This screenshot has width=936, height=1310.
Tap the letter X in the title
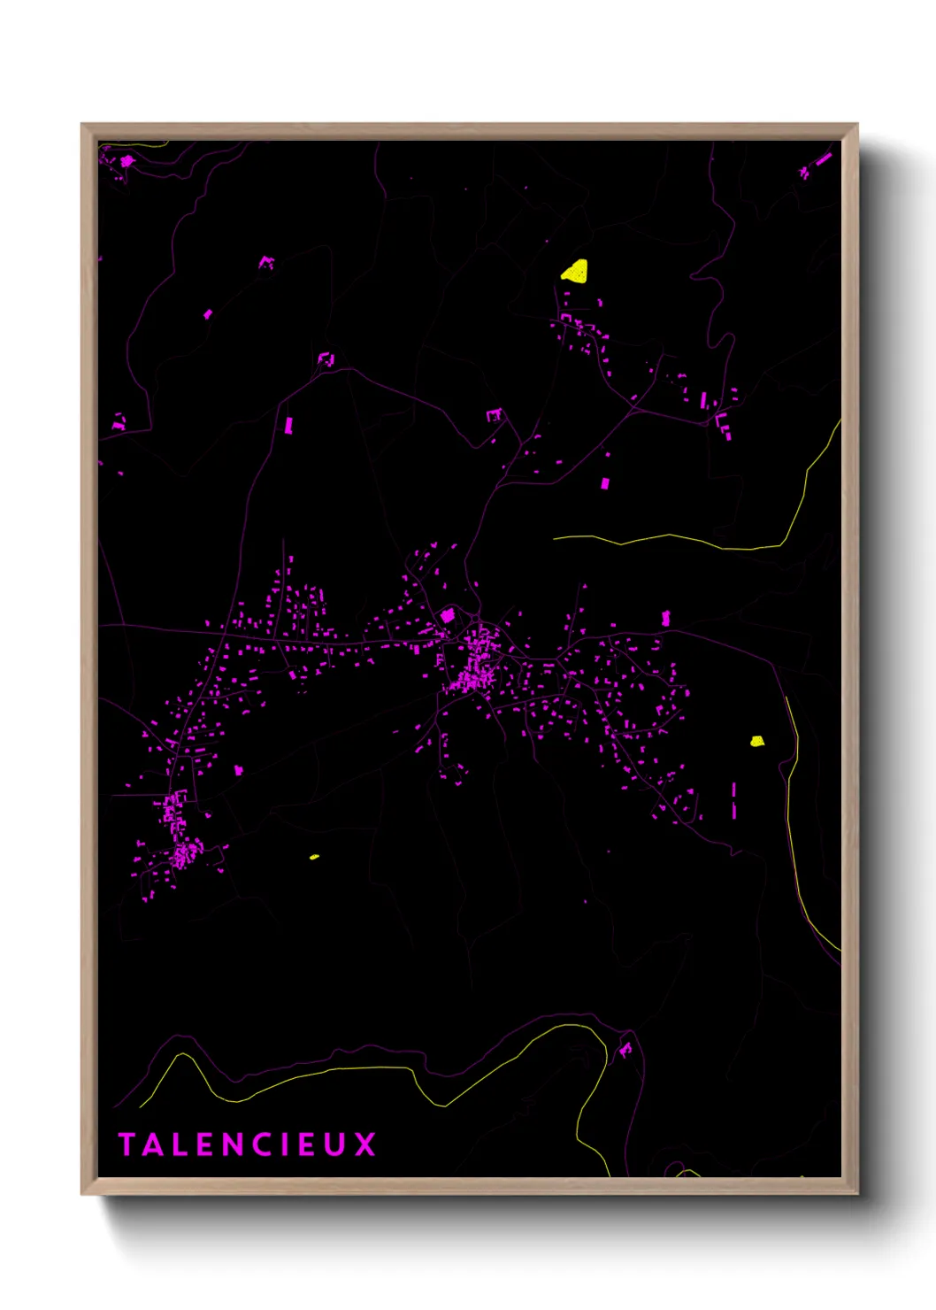click(x=365, y=1144)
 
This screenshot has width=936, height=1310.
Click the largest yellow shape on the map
click(x=576, y=271)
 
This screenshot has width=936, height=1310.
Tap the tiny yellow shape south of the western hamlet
click(x=314, y=857)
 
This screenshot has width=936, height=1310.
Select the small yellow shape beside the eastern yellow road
click(x=757, y=741)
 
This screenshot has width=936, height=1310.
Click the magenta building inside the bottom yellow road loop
click(x=625, y=1050)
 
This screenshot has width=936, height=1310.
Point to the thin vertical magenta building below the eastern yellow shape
click(x=733, y=799)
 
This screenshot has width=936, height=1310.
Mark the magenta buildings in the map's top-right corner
click(x=817, y=165)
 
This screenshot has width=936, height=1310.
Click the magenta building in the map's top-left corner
click(x=126, y=161)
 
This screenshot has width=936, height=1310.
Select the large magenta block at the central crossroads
click(x=448, y=614)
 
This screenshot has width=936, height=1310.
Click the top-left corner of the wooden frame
click(x=82, y=125)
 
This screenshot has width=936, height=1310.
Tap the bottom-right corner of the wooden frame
click(x=856, y=1193)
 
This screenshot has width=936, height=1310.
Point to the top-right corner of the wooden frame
click(x=856, y=125)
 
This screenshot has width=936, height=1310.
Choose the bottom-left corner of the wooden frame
click(x=82, y=1193)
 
